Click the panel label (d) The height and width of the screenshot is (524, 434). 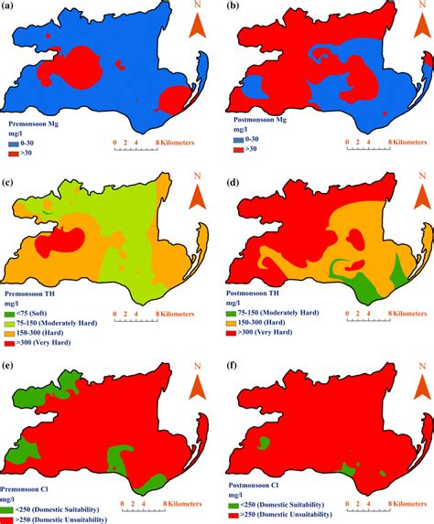click(x=233, y=184)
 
